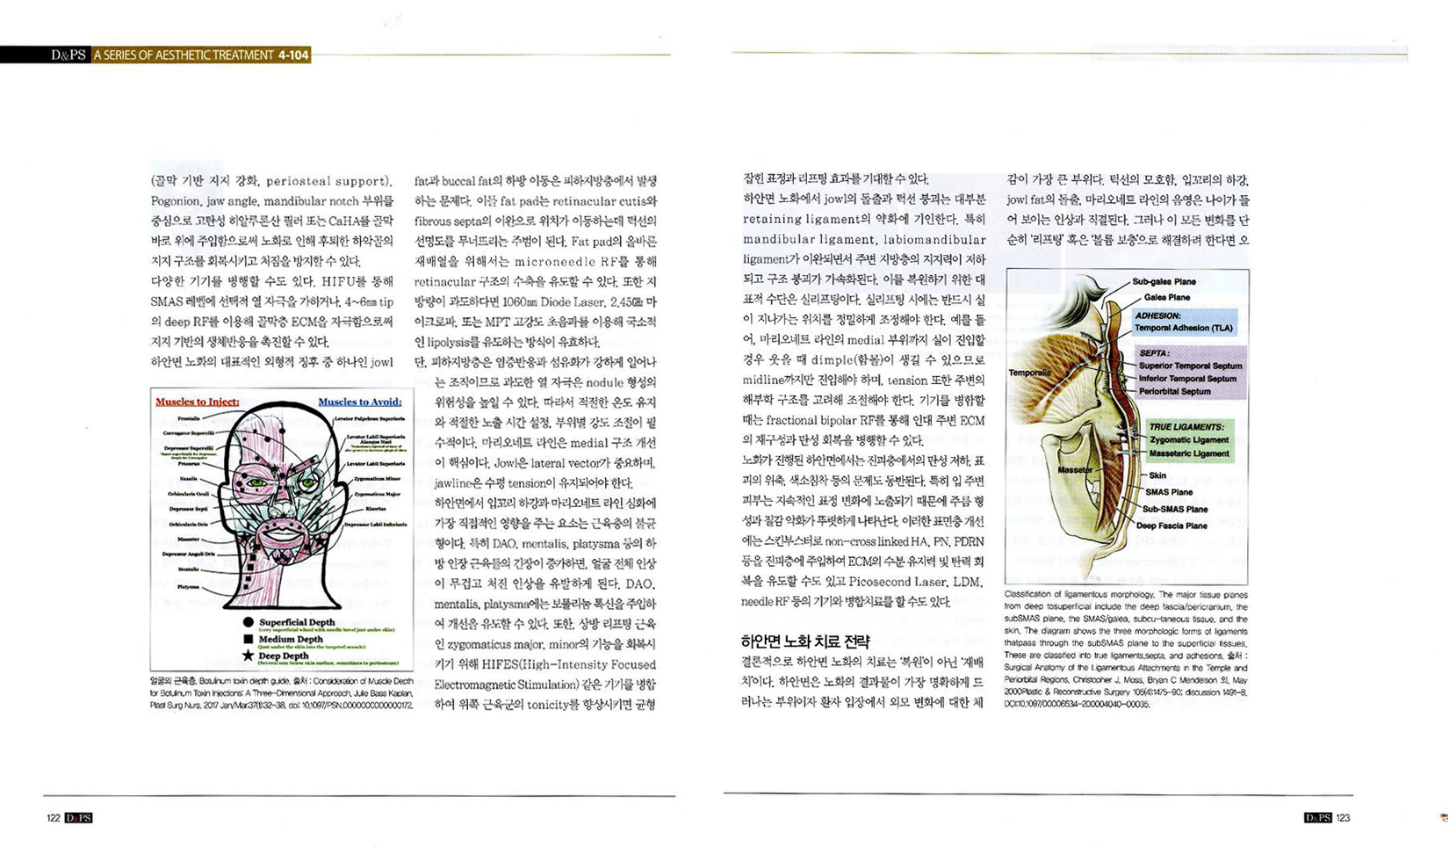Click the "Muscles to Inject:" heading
click(x=197, y=402)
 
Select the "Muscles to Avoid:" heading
click(x=359, y=402)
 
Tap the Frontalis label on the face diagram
click(x=188, y=419)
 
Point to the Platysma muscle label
click(x=188, y=586)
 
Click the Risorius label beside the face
click(x=375, y=508)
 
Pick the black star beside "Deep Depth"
click(x=249, y=656)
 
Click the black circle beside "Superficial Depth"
click(x=249, y=622)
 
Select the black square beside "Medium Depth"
click(x=249, y=639)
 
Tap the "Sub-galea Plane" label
click(x=1164, y=282)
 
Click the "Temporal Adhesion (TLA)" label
click(x=1183, y=328)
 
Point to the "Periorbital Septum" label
click(x=1174, y=392)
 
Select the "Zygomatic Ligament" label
click(x=1189, y=440)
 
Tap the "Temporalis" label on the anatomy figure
click(x=1029, y=373)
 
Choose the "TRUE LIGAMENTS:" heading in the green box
click(x=1186, y=427)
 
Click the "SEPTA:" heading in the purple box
click(x=1154, y=353)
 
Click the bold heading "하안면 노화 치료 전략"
click(x=805, y=641)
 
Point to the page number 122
click(x=54, y=818)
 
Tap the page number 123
click(x=1343, y=818)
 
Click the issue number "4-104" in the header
click(x=293, y=55)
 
